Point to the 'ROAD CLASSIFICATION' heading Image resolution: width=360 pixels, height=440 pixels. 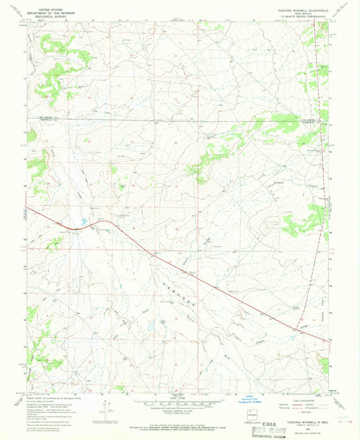click(300, 399)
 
